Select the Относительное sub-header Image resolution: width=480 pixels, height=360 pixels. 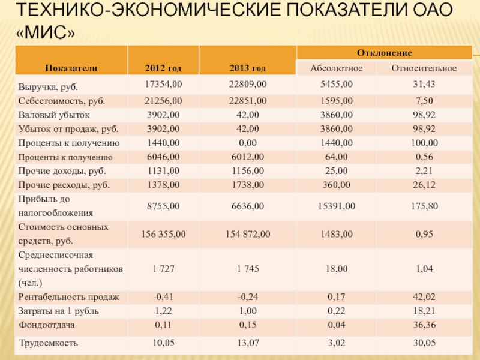pyautogui.click(x=424, y=68)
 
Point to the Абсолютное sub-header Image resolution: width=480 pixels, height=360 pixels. pyautogui.click(x=335, y=68)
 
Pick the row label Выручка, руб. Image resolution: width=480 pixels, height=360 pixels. pyautogui.click(x=48, y=86)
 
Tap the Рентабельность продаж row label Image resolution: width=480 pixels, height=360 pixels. pyautogui.click(x=69, y=297)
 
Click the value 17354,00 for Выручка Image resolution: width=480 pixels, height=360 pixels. pyautogui.click(x=163, y=84)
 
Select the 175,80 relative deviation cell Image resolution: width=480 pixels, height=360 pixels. pyautogui.click(x=424, y=206)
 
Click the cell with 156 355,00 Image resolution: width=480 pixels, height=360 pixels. pyautogui.click(x=163, y=234)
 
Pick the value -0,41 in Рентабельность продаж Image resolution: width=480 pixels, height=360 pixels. pyautogui.click(x=163, y=297)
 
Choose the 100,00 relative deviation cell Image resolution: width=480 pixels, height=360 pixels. pyautogui.click(x=424, y=143)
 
